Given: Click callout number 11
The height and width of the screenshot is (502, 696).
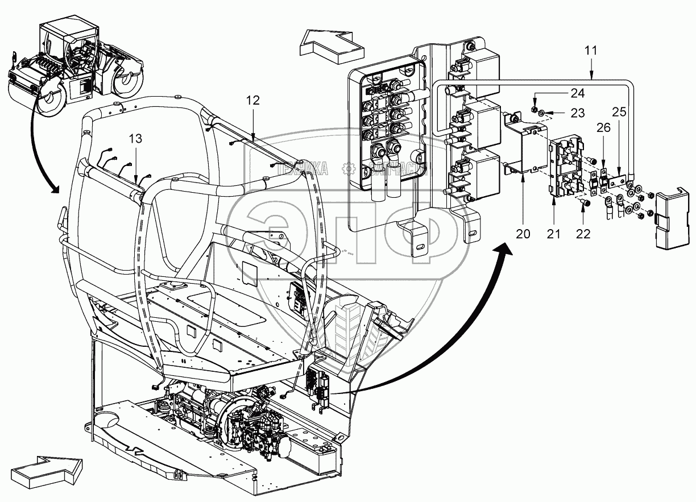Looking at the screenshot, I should pyautogui.click(x=591, y=50).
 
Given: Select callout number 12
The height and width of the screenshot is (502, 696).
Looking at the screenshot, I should pyautogui.click(x=253, y=101).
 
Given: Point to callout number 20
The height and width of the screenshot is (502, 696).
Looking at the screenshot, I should pyautogui.click(x=523, y=234).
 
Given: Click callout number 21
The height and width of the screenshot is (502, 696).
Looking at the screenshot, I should pyautogui.click(x=553, y=234).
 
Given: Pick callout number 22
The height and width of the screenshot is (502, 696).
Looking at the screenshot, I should pyautogui.click(x=583, y=234).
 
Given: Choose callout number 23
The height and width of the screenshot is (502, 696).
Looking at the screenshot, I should pyautogui.click(x=577, y=113).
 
